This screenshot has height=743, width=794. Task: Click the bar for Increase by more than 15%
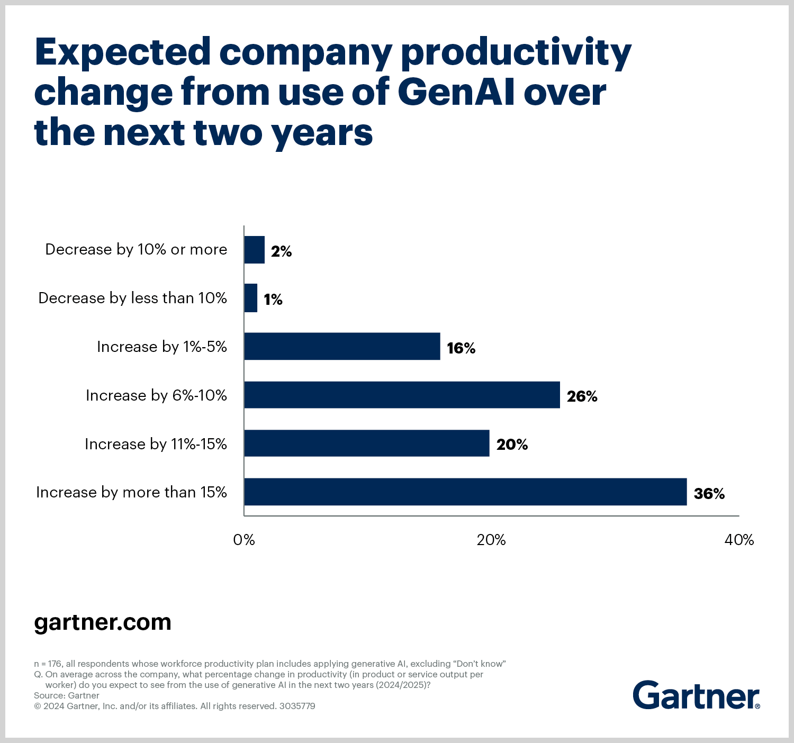[465, 492]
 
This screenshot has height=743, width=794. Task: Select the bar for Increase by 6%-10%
[402, 395]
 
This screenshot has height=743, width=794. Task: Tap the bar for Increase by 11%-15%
[366, 443]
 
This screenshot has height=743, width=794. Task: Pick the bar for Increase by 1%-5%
[342, 346]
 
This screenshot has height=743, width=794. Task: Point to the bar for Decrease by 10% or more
[254, 250]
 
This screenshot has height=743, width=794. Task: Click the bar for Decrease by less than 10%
[250, 298]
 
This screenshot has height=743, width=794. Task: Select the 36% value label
[709, 493]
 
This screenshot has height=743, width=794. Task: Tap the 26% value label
[582, 396]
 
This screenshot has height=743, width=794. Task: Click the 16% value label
[461, 348]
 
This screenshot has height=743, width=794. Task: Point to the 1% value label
[273, 300]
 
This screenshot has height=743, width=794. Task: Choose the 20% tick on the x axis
[491, 540]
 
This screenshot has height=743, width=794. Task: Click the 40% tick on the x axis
[739, 540]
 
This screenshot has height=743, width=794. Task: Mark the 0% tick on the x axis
[244, 540]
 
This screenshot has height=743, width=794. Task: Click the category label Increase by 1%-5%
[161, 347]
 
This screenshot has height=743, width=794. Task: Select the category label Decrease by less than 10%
[132, 298]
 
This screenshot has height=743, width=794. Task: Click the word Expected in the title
[123, 52]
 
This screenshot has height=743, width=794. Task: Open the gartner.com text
[103, 622]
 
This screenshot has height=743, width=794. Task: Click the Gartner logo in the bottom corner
[696, 695]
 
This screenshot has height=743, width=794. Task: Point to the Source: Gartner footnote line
[67, 695]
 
